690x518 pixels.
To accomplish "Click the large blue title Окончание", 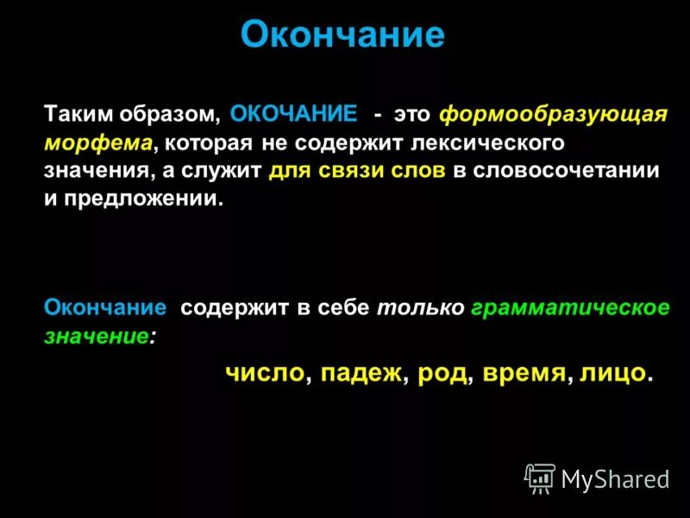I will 342,35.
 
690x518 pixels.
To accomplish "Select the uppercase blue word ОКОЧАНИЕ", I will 294,115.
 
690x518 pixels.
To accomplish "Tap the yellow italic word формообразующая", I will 553,115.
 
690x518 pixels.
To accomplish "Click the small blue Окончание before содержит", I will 105,308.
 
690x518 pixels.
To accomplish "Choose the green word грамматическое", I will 570,308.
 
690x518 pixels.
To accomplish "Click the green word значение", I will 96,336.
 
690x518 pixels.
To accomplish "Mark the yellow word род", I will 442,373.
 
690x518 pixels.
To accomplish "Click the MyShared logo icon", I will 540,478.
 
